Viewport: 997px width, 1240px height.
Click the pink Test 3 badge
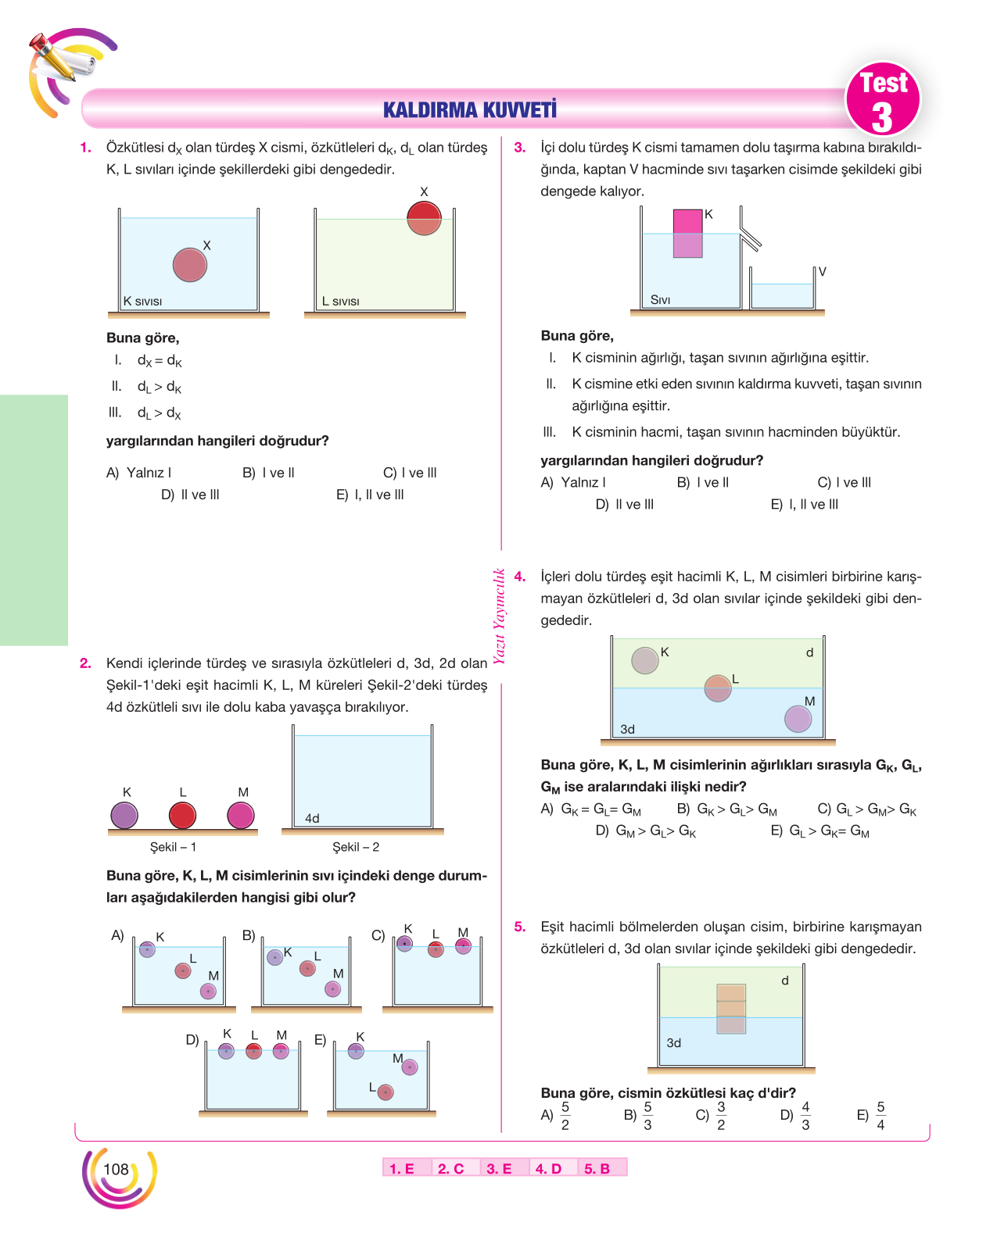882,99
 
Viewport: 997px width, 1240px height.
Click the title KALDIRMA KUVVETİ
470,109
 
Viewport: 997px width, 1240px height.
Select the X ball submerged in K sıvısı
190,264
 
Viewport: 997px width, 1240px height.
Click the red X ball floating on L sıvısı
424,218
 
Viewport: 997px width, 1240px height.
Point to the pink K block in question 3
687,233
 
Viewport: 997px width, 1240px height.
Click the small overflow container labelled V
782,288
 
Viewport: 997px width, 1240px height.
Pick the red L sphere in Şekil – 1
182,815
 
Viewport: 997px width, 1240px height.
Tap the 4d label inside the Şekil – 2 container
312,818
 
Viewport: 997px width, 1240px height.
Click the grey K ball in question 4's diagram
644,660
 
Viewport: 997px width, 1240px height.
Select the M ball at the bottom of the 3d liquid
798,719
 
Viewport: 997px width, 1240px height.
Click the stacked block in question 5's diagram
731,1009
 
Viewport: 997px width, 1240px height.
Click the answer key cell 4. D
548,1169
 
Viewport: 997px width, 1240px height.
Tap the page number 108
116,1169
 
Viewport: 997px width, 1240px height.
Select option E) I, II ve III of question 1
370,495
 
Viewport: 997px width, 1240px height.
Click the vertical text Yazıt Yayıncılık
499,616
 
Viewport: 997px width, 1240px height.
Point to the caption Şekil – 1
173,846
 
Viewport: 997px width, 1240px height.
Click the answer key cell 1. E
402,1169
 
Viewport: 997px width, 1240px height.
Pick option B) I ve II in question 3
702,482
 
